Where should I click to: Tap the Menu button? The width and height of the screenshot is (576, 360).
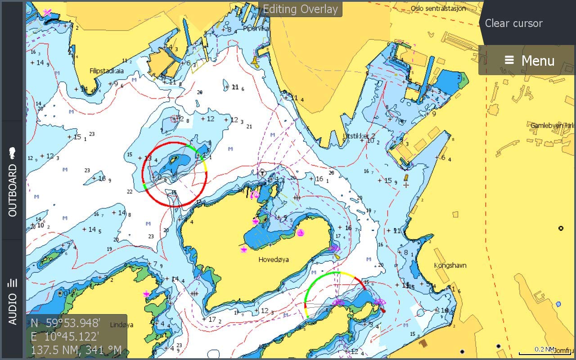pos(529,60)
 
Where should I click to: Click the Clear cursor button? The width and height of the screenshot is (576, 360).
pos(513,23)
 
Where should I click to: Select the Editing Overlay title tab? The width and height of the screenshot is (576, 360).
pos(300,9)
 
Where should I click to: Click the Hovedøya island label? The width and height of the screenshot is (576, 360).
pos(274,260)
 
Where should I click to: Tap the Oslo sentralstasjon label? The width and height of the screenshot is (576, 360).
pos(438,9)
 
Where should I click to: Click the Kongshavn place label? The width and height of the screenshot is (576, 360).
pos(450,265)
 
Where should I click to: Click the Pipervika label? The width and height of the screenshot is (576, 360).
pos(256,28)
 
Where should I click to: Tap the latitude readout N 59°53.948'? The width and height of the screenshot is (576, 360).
pos(65,323)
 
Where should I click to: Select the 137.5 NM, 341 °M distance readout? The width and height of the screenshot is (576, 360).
pos(76,350)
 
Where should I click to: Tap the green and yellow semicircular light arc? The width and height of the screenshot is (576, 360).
pos(335,273)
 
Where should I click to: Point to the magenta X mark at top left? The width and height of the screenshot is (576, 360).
pos(47,12)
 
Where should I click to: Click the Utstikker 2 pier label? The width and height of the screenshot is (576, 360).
pos(359,135)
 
